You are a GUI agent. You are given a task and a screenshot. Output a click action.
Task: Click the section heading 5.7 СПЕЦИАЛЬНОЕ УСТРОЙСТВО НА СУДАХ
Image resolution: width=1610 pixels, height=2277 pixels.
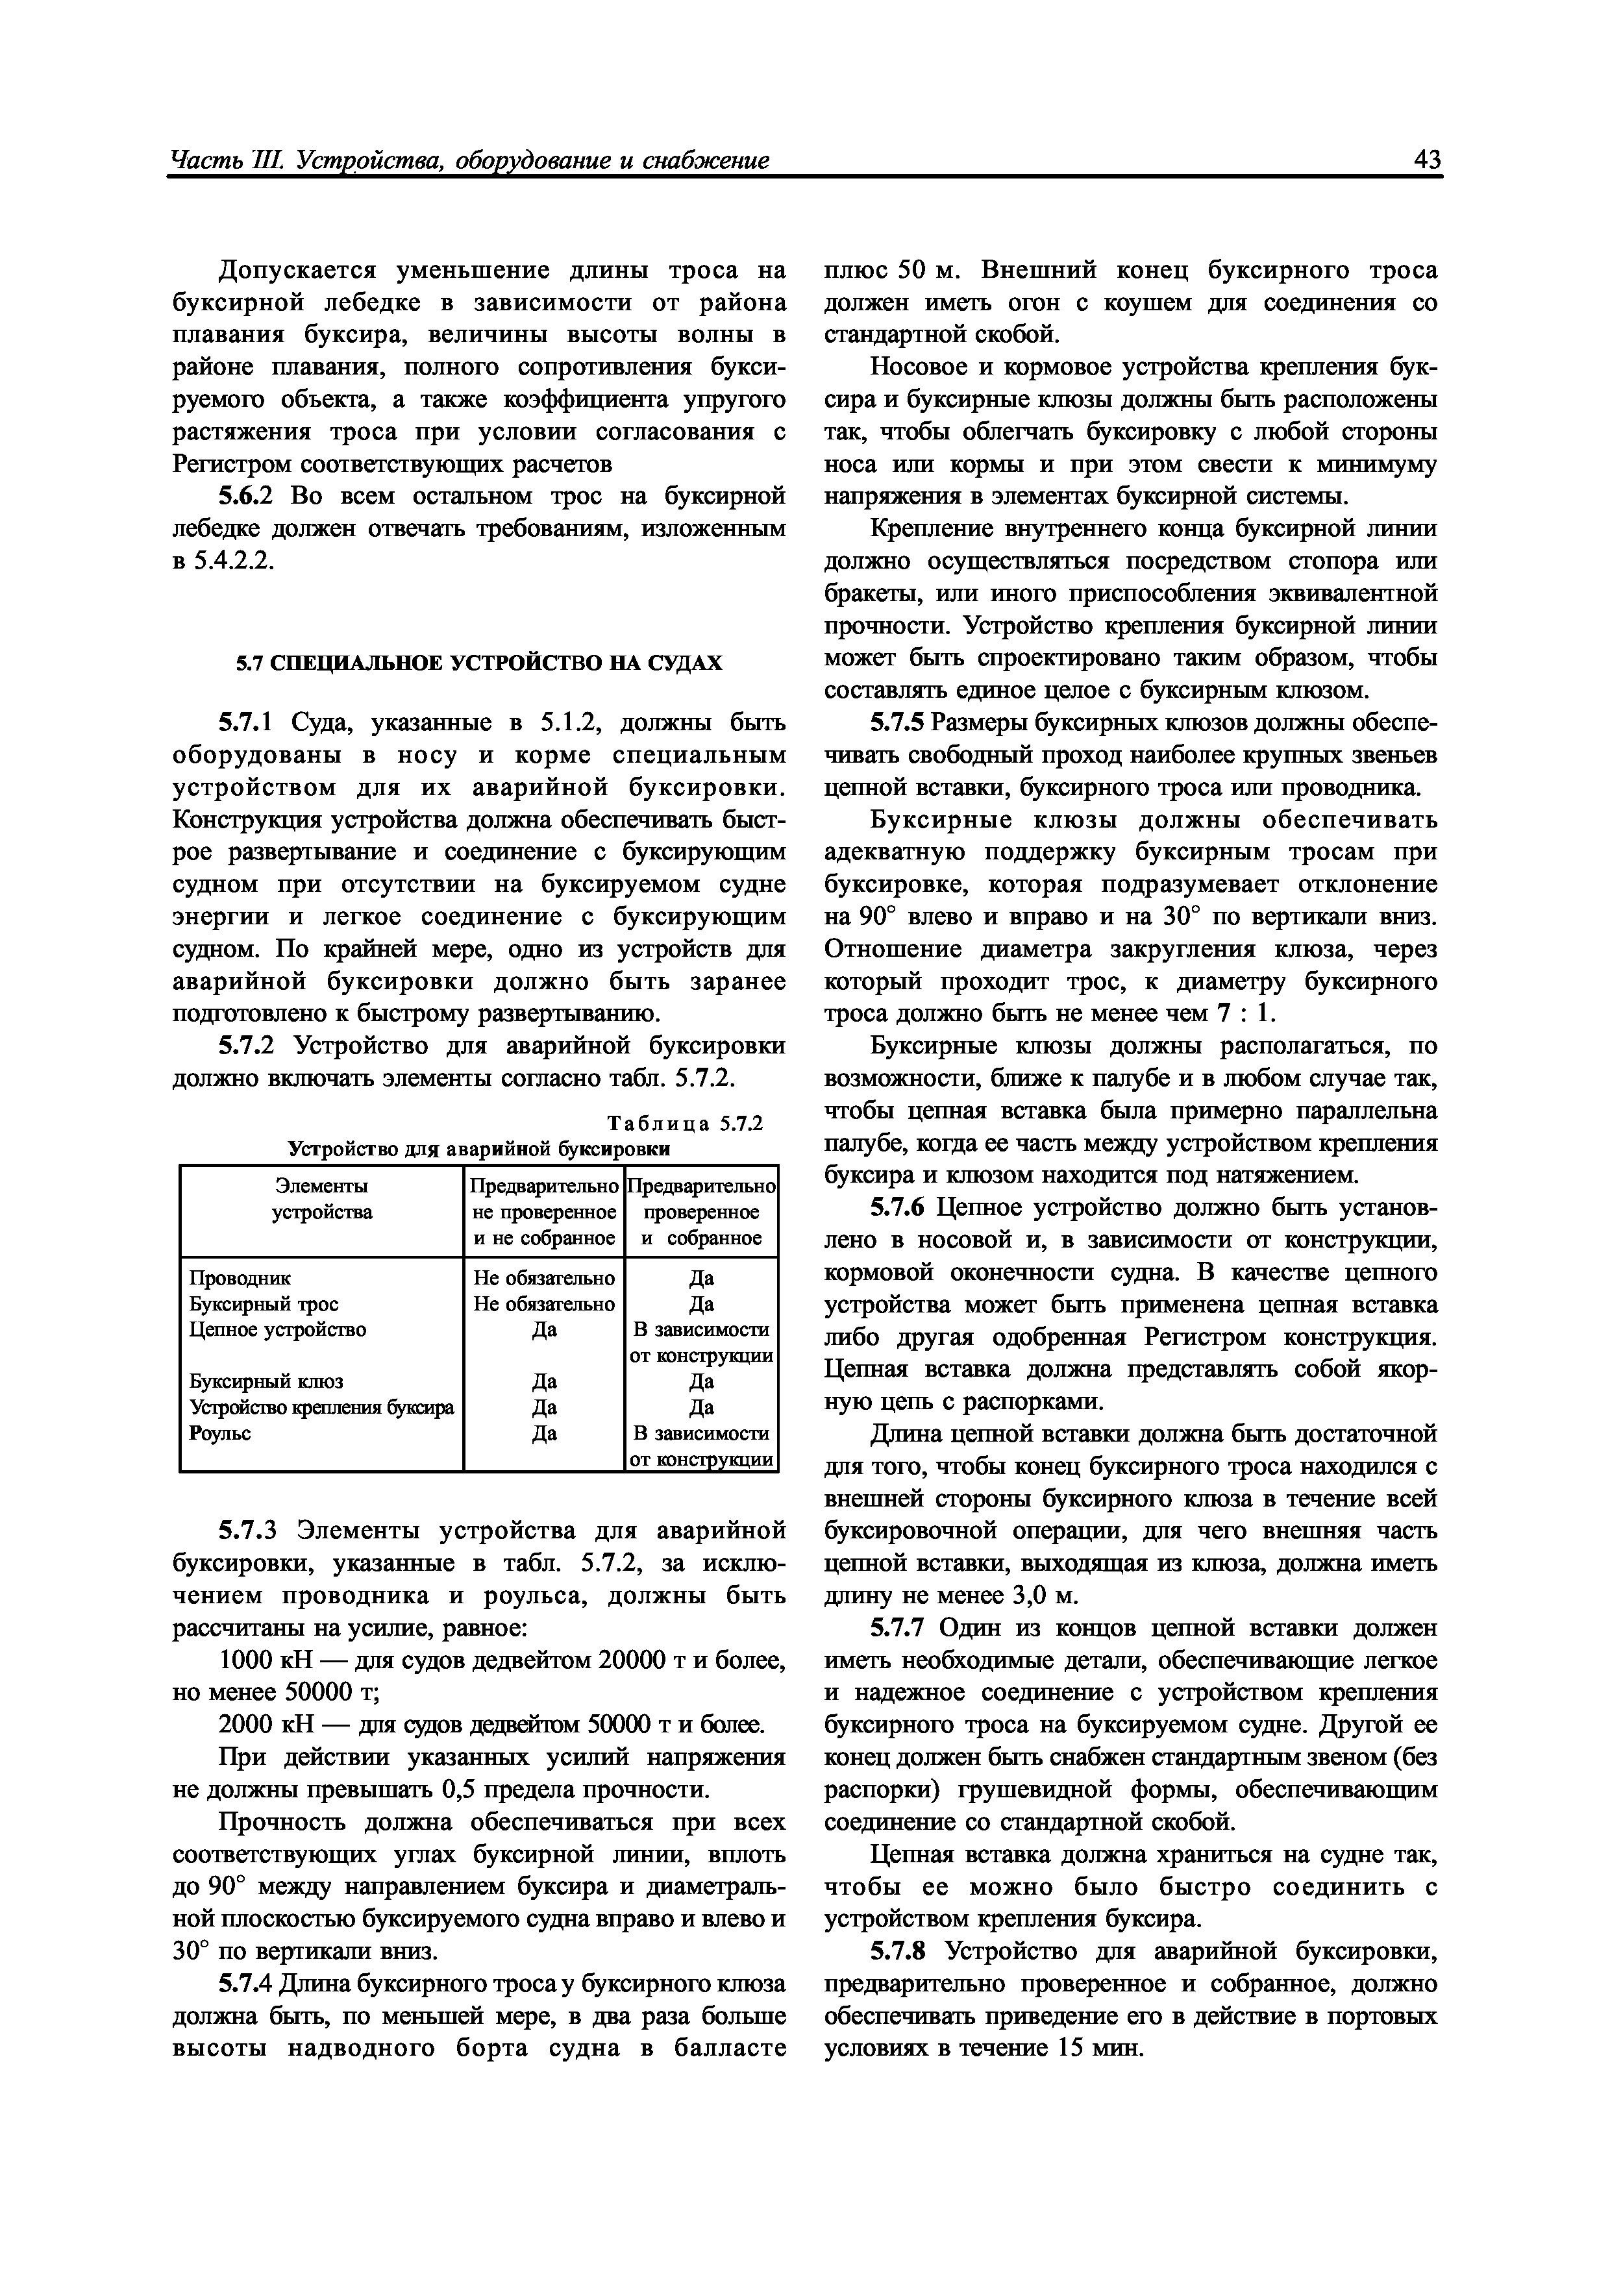coord(478,663)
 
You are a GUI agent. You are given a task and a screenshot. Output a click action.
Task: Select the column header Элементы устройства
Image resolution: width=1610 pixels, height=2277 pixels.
coord(321,1198)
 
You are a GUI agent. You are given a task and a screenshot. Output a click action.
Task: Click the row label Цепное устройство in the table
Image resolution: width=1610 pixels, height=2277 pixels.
coord(278,1329)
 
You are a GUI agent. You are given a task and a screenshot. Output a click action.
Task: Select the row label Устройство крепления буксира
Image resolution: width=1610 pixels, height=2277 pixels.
coord(321,1407)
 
